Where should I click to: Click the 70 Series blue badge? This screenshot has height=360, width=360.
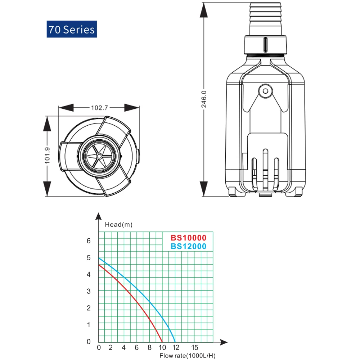coord(72,29)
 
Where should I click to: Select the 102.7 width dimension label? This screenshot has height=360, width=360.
coord(99,108)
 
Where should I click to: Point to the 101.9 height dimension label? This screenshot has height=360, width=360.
coord(47,156)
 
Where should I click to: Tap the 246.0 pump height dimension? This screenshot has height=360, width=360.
coord(204,99)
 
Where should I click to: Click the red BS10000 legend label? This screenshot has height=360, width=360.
coord(189,238)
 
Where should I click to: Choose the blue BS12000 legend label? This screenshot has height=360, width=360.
coord(189,246)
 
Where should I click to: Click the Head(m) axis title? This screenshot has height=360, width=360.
coord(119,225)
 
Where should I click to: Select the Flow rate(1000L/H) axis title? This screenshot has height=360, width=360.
coord(187,356)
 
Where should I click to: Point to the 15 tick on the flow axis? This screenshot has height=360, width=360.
coord(195,347)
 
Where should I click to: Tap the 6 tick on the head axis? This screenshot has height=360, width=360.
coord(89,240)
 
